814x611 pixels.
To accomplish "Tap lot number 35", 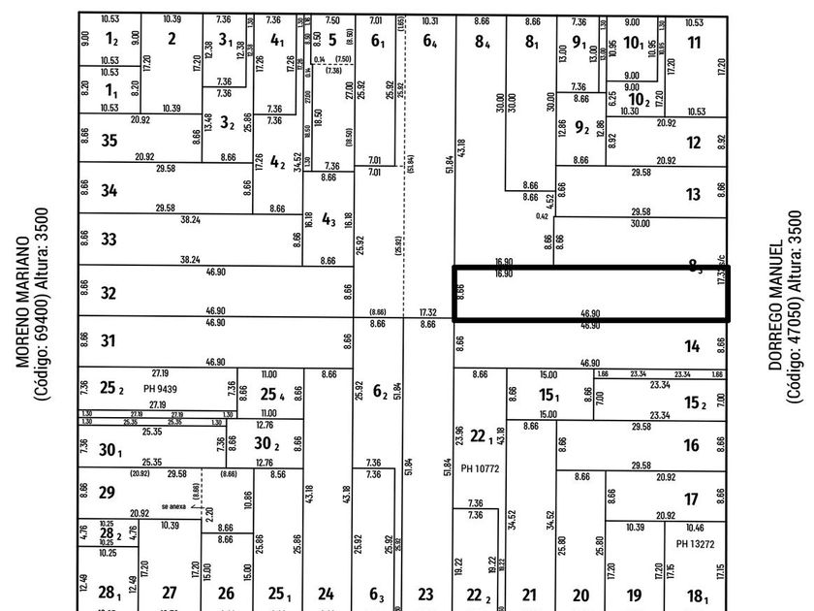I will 110,142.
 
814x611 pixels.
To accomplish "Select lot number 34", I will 110,191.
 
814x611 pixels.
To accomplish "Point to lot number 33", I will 110,240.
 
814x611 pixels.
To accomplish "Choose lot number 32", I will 110,293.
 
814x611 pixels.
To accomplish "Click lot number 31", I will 110,341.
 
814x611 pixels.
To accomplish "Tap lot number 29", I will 109,493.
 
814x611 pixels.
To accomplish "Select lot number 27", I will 170,593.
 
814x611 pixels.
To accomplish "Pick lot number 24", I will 327,594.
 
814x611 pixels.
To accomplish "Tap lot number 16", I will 691,445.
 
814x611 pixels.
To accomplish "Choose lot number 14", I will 692,346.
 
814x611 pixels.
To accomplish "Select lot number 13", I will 693,195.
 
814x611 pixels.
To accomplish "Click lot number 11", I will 694,42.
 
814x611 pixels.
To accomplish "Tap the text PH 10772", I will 480,468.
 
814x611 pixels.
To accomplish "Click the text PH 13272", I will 696,543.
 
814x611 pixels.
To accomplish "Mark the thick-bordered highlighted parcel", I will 591,294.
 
